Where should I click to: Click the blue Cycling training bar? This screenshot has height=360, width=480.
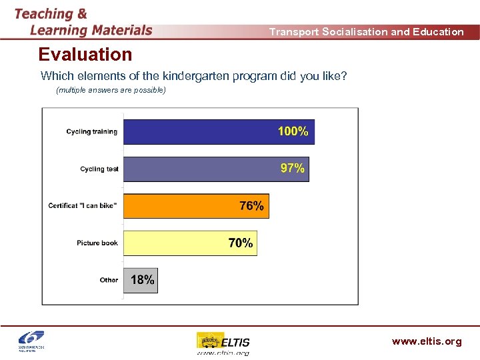tap(200, 131)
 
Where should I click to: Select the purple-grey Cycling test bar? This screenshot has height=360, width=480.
tap(200, 169)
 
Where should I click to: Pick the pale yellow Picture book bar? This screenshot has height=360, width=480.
tap(173, 243)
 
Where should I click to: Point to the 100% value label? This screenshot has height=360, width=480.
tap(293, 131)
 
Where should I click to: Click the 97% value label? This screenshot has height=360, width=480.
tap(292, 169)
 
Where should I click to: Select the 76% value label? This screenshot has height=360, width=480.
tap(251, 206)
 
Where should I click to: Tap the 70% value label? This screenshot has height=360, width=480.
tap(241, 243)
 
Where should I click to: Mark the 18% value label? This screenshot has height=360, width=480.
tap(142, 280)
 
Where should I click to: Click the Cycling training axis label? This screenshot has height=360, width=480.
tap(91, 132)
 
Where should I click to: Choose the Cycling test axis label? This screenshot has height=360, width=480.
tap(99, 169)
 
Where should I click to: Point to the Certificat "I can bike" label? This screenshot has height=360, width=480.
tap(83, 206)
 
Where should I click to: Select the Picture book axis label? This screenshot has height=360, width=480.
tap(97, 243)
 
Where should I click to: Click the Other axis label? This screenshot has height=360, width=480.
tap(109, 280)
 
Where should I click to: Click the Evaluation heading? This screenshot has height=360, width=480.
tap(85, 54)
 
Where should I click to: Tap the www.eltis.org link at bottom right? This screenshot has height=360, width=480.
tap(426, 341)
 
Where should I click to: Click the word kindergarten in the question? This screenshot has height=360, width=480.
tap(190, 76)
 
